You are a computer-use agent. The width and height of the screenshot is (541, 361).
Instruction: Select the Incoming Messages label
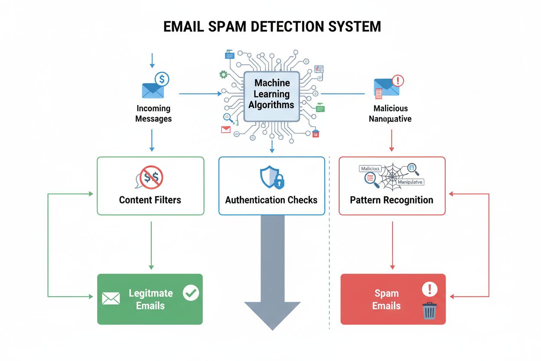(x=153, y=113)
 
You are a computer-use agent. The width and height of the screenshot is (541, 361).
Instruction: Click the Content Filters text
(x=150, y=200)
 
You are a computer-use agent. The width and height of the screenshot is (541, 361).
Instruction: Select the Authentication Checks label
(x=271, y=200)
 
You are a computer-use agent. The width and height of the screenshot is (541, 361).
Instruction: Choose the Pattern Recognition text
(x=391, y=200)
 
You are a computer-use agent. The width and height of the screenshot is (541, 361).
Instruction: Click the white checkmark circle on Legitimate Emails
(x=190, y=292)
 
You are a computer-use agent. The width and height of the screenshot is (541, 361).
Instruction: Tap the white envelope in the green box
(x=111, y=298)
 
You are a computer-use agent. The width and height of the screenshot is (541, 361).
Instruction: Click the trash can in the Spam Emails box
(x=430, y=311)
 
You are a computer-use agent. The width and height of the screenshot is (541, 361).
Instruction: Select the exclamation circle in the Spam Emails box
(x=430, y=289)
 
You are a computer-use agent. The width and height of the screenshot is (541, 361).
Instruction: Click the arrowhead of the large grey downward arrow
(x=272, y=315)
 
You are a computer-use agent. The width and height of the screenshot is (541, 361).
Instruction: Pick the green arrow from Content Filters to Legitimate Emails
(x=151, y=245)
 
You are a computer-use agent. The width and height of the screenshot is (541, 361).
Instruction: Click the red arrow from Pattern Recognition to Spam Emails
(x=392, y=245)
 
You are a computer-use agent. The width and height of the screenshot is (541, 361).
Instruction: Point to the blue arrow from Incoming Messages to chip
(x=199, y=94)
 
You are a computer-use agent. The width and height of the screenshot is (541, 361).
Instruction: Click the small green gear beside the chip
(x=223, y=75)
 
